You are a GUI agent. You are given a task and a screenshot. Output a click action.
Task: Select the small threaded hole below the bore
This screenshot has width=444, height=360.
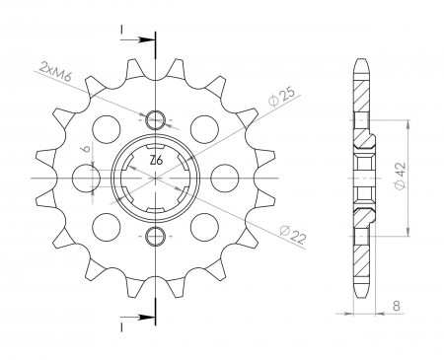156,235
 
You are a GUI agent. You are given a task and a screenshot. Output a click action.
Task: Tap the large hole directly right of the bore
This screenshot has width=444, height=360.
226,179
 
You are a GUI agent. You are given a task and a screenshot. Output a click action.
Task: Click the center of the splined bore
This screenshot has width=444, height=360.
156,179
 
